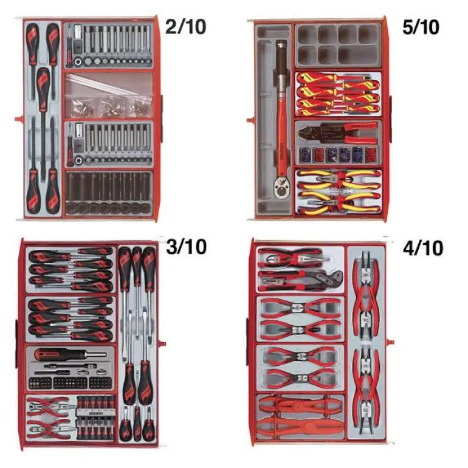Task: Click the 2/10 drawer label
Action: tap(185, 27)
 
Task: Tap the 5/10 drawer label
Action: tap(421, 27)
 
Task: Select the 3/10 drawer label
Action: tap(186, 247)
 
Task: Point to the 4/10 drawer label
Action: tap(423, 248)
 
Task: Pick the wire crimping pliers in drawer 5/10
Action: tap(338, 132)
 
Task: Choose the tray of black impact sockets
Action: tap(109, 193)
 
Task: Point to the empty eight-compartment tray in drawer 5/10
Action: tap(338, 46)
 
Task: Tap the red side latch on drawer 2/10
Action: tap(19, 119)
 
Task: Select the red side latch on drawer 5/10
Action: tap(250, 120)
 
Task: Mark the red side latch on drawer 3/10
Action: tap(162, 343)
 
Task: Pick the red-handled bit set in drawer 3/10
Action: tap(95, 418)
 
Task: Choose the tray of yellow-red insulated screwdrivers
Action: tap(338, 94)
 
